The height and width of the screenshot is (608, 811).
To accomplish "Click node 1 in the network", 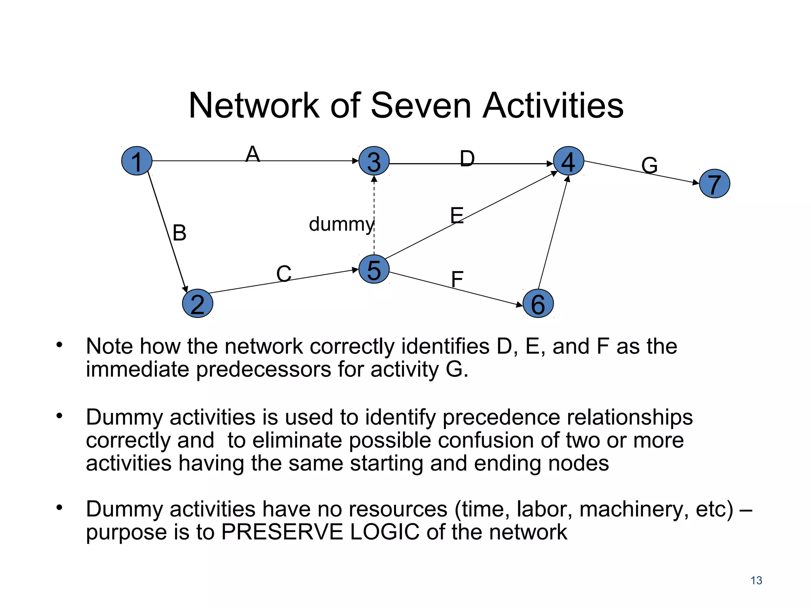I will pos(137,161).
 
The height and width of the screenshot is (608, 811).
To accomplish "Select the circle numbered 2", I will pos(198,304).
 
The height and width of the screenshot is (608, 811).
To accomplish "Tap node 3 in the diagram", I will pos(374,161).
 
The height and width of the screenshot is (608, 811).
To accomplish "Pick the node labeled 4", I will pos(568,161).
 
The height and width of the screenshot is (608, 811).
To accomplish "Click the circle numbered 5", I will pos(374,269).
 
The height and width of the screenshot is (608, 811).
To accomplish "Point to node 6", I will pos(538,304).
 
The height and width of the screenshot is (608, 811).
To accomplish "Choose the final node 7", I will pos(714,184).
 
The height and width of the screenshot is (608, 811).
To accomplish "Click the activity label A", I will pos(253,154).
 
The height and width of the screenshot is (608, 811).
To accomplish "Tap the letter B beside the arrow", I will pos(179,233).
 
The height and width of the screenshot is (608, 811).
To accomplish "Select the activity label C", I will pos(284,274).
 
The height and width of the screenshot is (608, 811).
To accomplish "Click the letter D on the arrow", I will pos(467,159).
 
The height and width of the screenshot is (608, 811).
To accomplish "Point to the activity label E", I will pos(457,216).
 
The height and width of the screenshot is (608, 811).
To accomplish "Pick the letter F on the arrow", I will pos(457,279).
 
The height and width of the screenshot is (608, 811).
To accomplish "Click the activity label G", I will pos(649,165).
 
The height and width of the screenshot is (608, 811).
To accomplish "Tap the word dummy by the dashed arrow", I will pos(341,224).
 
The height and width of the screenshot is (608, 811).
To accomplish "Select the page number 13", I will pos(756,580).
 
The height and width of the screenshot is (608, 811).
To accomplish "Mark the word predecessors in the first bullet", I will pos(263,369).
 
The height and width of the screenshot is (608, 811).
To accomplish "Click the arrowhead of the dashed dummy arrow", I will pos(374,179).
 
